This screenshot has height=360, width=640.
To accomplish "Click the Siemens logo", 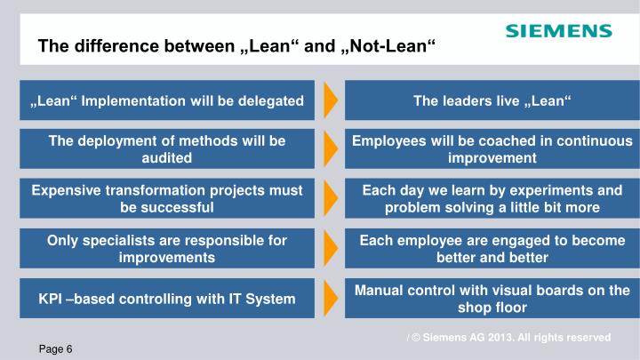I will pos(558,31).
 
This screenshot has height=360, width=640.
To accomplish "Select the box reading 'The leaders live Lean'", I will pos(492,100).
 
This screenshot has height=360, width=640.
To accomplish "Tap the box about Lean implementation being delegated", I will pos(167,100).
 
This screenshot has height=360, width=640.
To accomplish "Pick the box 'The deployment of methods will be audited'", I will pos(167,149).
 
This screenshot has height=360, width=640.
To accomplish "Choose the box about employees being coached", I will pos(492,149).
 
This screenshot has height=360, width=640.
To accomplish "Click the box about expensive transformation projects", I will pos(167,198).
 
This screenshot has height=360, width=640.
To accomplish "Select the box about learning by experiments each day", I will pos(492,198).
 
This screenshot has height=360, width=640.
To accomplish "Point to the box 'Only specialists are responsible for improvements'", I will pos(167,248).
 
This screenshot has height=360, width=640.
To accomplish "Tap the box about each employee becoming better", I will pos(492,248).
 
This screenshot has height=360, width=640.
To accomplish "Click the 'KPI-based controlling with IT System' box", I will pos(167,299).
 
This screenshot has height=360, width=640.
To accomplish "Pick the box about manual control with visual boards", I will pos(492,299).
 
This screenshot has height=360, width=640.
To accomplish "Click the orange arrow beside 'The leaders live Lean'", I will pos(330,100).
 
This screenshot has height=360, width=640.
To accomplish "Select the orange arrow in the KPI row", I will pos(330,299).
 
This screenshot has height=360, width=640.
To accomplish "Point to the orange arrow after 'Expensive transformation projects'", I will pos(330,198).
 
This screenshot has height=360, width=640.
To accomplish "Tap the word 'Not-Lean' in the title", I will pos(390,46).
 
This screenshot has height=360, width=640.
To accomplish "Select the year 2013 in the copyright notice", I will pos(511,338).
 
